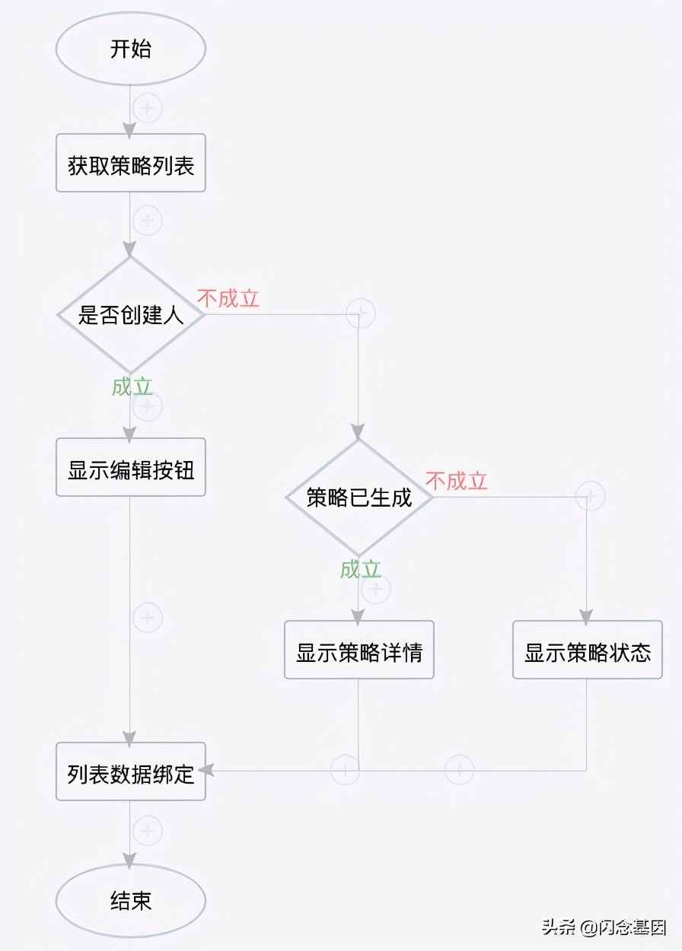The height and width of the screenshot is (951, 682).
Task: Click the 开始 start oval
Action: (x=131, y=49)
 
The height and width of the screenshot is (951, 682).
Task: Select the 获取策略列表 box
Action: (x=131, y=164)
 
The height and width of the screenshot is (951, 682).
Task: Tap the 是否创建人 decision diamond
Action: (x=131, y=313)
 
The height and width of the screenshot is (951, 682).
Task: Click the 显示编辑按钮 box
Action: (x=131, y=468)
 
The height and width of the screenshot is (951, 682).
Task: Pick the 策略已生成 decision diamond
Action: (x=359, y=497)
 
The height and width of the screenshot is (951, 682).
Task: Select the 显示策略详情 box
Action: (x=359, y=650)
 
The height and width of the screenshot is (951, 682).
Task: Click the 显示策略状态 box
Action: (x=587, y=650)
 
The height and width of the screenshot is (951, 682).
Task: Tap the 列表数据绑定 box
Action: (x=131, y=771)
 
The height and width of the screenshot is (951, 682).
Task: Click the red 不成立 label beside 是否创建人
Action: (x=228, y=297)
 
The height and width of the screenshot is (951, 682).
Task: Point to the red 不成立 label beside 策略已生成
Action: (x=456, y=481)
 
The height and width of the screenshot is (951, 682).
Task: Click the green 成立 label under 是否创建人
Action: (x=132, y=386)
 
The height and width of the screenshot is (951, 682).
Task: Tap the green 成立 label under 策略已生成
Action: (x=361, y=569)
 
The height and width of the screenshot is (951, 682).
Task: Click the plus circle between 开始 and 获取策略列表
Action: (x=148, y=108)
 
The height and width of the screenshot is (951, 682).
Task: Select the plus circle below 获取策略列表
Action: (x=148, y=221)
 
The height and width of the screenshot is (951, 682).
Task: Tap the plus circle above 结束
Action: (x=148, y=830)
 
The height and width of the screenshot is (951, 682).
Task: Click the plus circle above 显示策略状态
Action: (x=590, y=496)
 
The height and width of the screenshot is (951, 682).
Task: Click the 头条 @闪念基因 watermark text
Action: (x=604, y=927)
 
